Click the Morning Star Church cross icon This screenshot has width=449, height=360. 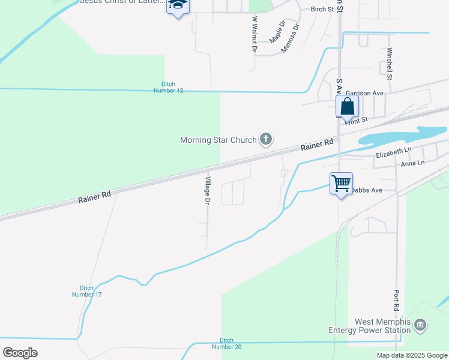tap(266, 140)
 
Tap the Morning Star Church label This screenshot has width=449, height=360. tap(218, 140)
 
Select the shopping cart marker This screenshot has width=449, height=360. tap(341, 182)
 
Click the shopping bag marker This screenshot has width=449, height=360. tap(348, 107)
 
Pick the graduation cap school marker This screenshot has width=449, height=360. tap(178, 5)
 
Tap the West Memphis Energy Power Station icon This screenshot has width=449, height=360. tap(420, 326)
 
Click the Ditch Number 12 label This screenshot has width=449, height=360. tap(172, 87)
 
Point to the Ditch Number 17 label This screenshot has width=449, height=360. tap(87, 291)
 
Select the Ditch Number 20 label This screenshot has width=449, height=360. tap(230, 343)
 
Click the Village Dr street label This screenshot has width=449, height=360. tap(207, 191)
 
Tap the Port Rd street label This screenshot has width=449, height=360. tap(397, 300)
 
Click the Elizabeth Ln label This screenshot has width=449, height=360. tap(394, 154)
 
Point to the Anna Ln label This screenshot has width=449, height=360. tap(412, 163)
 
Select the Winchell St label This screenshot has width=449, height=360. tap(390, 64)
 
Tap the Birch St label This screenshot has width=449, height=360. tap(321, 9)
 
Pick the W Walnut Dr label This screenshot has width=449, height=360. tap(254, 34)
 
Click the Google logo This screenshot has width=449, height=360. tap(20, 353)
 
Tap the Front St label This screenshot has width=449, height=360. tap(356, 121)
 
